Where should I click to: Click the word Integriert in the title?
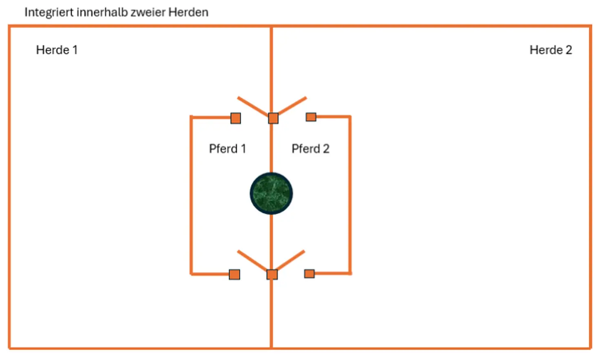coord(49,13)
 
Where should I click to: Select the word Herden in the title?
coord(188,12)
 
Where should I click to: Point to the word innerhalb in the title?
coord(102,12)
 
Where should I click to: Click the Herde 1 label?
coord(57,50)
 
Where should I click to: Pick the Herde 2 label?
coord(551,50)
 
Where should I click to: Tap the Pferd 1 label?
coord(228,149)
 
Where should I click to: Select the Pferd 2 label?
coord(310,149)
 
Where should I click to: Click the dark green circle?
coord(271,193)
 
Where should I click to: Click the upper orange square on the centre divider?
coord(273,118)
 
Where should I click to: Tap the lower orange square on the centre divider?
coord(272,274)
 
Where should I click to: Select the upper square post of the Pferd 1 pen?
coord(236,118)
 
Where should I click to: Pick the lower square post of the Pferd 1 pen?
coord(235,274)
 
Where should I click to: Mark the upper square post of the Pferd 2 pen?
coord(311,117)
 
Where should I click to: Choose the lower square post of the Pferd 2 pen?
coord(310,273)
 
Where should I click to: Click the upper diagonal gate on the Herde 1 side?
coord(253,107)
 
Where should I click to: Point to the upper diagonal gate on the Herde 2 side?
coord(292,106)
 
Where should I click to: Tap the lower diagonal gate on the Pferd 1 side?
coord(253,261)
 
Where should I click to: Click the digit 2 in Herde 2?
coord(569,50)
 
